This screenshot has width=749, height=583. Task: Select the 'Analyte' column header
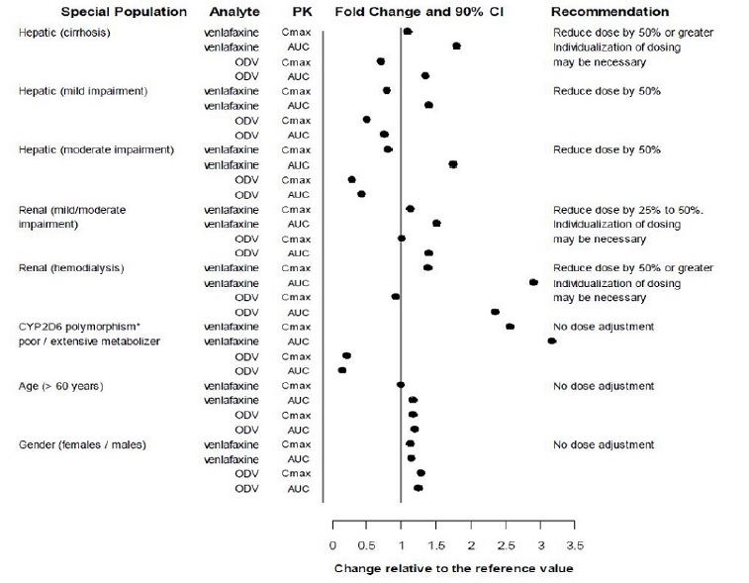[234, 12]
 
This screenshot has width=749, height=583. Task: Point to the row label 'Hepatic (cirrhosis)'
[64, 33]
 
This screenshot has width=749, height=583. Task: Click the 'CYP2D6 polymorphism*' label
[75, 327]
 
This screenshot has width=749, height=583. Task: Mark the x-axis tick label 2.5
[506, 544]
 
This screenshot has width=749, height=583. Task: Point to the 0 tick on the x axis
[332, 544]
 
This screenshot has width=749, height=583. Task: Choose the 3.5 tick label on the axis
[575, 544]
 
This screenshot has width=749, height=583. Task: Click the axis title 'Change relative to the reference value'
[453, 568]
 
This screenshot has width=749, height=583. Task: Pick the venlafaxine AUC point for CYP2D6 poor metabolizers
[551, 341]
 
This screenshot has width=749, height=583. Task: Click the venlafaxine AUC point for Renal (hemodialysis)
[533, 282]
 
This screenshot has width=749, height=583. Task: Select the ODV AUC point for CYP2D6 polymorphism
[342, 370]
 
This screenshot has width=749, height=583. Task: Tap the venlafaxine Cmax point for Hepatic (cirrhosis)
[408, 32]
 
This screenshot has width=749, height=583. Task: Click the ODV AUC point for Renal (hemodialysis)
[495, 312]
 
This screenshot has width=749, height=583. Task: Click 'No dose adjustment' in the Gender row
[604, 444]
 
